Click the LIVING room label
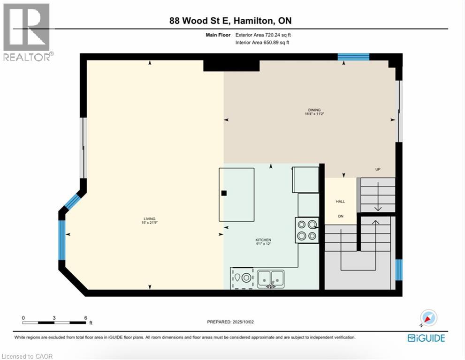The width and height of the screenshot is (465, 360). point(149,218)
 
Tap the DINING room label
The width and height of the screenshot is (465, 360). point(314,110)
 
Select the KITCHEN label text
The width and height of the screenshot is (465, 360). point(263,240)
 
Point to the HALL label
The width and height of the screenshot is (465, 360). point(341,202)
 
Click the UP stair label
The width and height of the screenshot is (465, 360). point(378,170)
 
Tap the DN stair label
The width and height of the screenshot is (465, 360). point(341,216)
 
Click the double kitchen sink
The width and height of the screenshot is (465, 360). point(271,279)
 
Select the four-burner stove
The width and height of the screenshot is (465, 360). point(307,230)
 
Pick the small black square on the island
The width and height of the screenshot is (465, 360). point(224,193)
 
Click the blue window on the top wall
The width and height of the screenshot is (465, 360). point(353,57)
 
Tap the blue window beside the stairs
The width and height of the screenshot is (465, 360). point(399,270)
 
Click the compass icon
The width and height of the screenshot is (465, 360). point(428,318)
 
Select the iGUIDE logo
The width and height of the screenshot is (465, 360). point(426,338)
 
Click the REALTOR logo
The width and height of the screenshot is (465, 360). point(27,32)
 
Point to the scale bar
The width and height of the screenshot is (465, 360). point(54,322)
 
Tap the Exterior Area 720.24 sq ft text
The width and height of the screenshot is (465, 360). point(263,35)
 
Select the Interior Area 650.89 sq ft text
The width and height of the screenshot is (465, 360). point(262,42)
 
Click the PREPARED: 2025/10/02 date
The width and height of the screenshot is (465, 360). point(230,322)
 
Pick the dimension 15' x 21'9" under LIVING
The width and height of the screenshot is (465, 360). point(150,223)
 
